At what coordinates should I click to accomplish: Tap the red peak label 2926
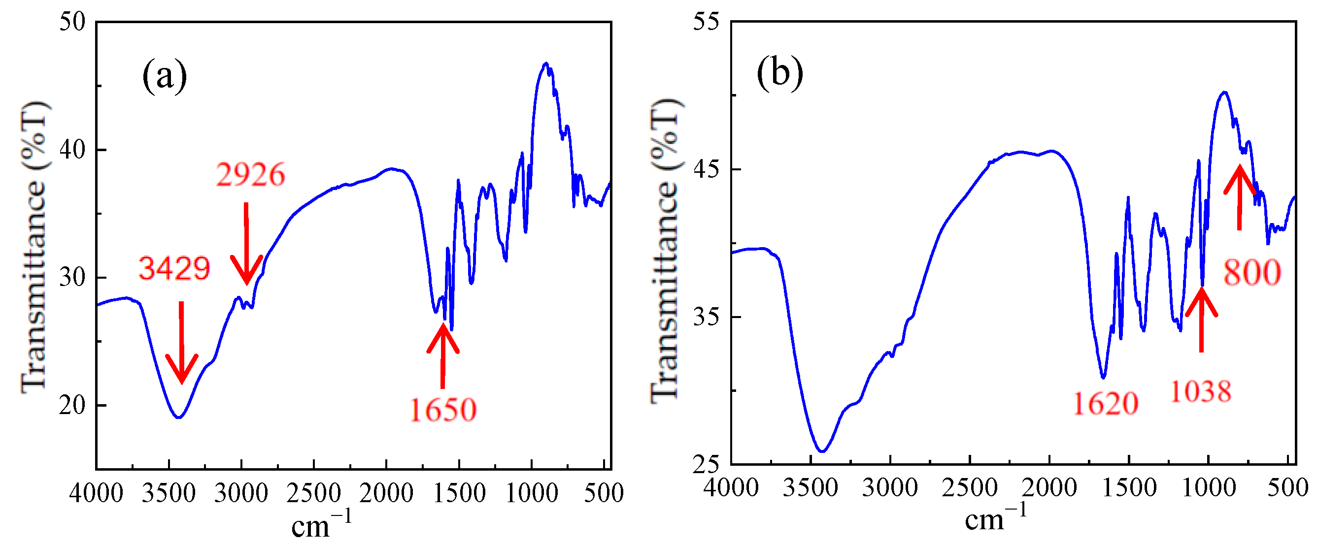(x=250, y=175)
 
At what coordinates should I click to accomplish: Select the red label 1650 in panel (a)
(x=443, y=410)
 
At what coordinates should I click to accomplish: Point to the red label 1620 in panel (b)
(x=1105, y=404)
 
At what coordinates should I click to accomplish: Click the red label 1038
(x=1200, y=392)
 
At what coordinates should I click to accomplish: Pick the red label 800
(x=1252, y=273)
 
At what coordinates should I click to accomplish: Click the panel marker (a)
(x=164, y=76)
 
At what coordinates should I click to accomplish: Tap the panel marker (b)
(x=780, y=73)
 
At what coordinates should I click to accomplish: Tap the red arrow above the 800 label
(x=1239, y=197)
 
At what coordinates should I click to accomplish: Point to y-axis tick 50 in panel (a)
(x=72, y=22)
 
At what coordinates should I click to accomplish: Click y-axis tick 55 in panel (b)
(x=706, y=22)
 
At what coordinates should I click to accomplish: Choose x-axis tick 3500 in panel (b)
(x=811, y=488)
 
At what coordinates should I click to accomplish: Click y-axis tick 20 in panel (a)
(x=72, y=406)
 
